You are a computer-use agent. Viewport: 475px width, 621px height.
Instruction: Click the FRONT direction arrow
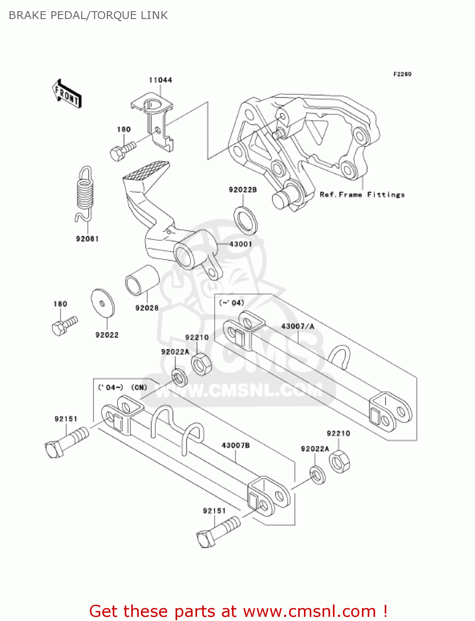67,94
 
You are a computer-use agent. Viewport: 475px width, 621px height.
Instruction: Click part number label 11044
160,80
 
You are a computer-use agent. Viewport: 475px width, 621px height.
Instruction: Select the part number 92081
87,239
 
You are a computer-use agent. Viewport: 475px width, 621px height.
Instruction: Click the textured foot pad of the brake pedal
146,170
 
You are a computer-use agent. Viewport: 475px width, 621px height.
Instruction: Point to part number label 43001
241,244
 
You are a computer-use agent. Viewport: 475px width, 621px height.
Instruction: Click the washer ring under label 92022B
246,219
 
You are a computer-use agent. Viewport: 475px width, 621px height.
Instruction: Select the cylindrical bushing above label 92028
142,280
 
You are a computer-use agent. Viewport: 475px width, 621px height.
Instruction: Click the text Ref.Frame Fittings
362,195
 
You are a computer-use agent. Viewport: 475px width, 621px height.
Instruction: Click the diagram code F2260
402,74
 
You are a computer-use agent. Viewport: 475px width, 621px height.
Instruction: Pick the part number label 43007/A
297,326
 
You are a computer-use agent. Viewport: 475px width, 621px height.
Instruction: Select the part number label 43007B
236,445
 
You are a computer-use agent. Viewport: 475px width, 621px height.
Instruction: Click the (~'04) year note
231,303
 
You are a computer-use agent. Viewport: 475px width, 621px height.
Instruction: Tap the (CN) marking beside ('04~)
139,388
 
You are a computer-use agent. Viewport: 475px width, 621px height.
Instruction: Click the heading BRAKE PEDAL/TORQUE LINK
88,15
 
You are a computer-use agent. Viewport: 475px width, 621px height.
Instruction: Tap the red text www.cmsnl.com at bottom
309,611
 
